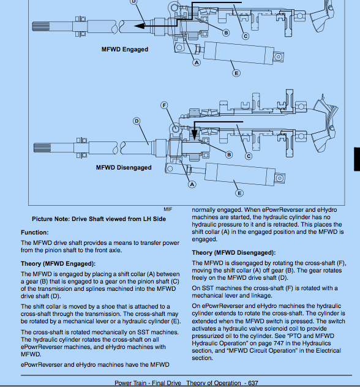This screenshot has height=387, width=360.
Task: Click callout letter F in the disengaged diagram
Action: pos(164,105)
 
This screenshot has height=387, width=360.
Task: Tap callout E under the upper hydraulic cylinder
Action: pos(236,73)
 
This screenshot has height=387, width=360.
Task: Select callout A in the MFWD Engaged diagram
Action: pos(197,62)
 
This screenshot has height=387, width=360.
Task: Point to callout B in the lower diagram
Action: pos(229,155)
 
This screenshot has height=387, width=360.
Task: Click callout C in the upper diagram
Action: pos(246,36)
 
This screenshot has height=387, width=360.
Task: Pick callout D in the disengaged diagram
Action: pos(137,121)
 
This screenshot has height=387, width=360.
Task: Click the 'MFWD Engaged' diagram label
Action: pos(125,50)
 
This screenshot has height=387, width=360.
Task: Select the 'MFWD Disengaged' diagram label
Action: pos(124,168)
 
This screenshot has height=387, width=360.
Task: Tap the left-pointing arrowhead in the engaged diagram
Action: pos(140,26)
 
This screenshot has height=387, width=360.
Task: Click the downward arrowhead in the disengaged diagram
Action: pos(195,135)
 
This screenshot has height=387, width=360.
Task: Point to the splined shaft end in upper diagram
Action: pos(41,26)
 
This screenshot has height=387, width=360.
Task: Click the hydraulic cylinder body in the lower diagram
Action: pos(240,174)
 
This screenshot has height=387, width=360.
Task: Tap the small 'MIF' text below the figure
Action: pos(168,209)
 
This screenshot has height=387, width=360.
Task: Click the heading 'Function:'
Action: pos(35,233)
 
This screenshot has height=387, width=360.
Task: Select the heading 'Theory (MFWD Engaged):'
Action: pos(58,263)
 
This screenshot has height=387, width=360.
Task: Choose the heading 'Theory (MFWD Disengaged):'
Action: pos(234,253)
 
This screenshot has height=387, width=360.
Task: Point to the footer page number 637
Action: pos(253,383)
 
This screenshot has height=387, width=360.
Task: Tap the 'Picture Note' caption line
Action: pos(99,219)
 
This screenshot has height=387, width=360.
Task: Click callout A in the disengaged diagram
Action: pos(192,184)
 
